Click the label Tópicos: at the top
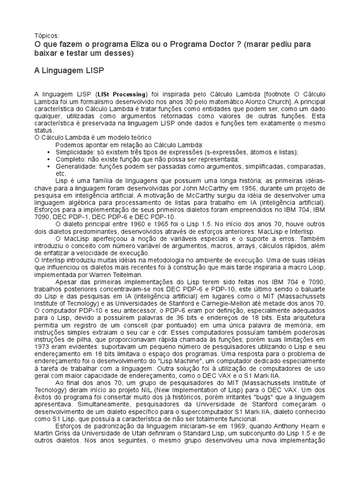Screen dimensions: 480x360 (x=47, y=36)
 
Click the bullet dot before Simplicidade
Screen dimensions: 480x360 (x=50, y=152)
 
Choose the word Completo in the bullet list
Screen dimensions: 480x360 (x=71, y=159)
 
